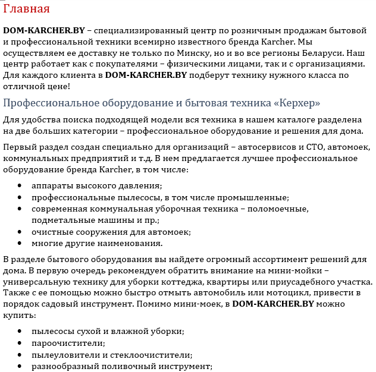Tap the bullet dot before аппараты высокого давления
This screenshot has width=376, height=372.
tap(20, 187)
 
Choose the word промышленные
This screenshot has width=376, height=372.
tap(258, 198)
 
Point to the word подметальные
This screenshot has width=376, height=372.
tap(62, 220)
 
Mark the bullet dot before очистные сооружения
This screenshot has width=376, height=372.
tap(20, 232)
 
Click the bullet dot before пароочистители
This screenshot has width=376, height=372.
tap(20, 343)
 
